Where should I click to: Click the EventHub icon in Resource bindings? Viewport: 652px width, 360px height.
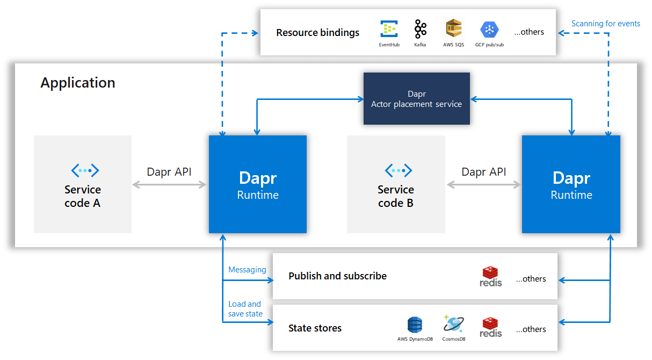click(x=388, y=28)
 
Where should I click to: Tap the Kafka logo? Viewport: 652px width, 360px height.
click(x=420, y=28)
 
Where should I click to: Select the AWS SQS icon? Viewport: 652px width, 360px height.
click(x=453, y=28)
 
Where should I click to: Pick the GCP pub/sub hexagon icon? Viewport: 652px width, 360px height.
click(x=489, y=29)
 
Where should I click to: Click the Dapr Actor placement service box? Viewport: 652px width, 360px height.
click(x=416, y=99)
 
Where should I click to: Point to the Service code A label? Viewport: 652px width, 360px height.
click(x=82, y=196)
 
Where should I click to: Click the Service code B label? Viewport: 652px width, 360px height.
click(x=396, y=196)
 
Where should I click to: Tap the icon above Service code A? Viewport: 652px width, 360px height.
click(x=85, y=171)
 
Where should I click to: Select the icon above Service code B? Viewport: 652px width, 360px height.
click(x=399, y=171)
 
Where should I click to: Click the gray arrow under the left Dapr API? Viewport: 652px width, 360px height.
click(x=170, y=185)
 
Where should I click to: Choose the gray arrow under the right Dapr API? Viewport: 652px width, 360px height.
click(x=483, y=185)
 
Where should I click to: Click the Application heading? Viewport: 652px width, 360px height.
click(x=78, y=83)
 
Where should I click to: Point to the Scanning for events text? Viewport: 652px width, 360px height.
click(x=605, y=24)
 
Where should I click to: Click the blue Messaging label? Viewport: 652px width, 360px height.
click(x=247, y=270)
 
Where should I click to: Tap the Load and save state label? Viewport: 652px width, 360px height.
click(x=245, y=309)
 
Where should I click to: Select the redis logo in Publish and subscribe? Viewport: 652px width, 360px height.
click(x=491, y=276)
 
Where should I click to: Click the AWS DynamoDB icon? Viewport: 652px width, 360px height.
click(x=415, y=325)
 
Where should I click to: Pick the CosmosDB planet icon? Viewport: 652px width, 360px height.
click(x=453, y=324)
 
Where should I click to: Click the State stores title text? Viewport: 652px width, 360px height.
click(x=315, y=328)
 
